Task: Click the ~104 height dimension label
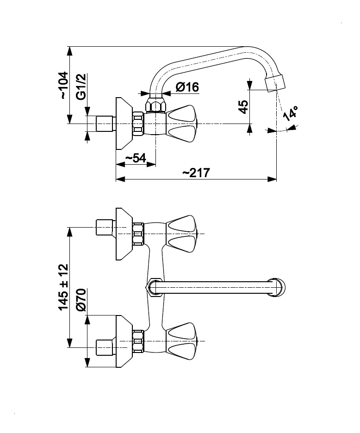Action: [63, 85]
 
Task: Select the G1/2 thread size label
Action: [81, 87]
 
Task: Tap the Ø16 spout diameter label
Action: [187, 87]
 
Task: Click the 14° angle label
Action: [291, 113]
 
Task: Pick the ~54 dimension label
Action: [136, 158]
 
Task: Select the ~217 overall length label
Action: [196, 173]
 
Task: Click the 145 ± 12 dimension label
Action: [63, 287]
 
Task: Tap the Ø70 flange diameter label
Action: [81, 301]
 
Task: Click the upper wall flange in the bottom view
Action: [123, 234]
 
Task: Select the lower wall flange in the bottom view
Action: [123, 341]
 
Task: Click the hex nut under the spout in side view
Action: [155, 105]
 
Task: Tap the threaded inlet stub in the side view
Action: [105, 124]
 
